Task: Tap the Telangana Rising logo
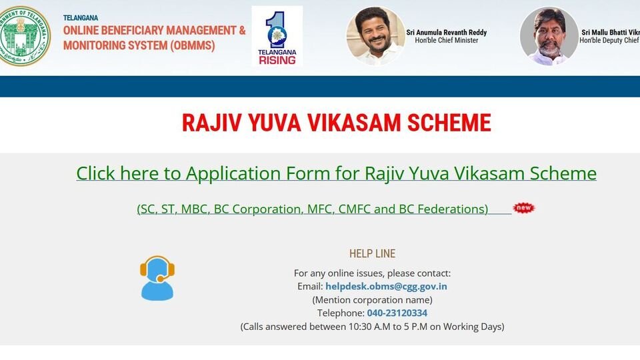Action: click(x=277, y=36)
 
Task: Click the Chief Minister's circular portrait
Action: click(x=375, y=36)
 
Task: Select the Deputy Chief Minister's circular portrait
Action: click(x=549, y=36)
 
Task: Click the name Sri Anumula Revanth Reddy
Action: click(x=446, y=32)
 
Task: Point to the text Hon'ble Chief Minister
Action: click(x=442, y=41)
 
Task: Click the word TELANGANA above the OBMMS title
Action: click(x=80, y=17)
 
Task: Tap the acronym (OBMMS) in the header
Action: click(x=197, y=45)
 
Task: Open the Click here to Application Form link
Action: click(x=336, y=173)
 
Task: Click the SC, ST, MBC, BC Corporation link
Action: click(x=313, y=209)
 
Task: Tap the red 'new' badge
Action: click(x=524, y=208)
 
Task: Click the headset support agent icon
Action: click(x=157, y=278)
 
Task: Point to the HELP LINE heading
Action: click(x=372, y=253)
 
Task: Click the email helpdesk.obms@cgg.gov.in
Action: click(x=386, y=286)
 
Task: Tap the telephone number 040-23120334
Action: click(x=397, y=313)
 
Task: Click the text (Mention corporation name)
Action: click(x=372, y=299)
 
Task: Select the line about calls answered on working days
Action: click(x=372, y=326)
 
